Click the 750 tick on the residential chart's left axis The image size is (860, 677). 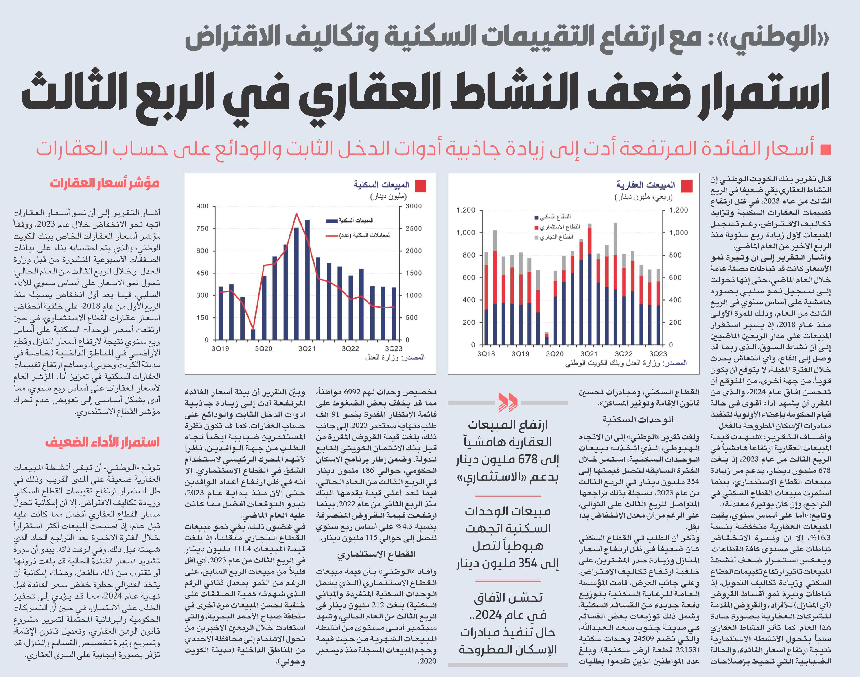click(x=202, y=229)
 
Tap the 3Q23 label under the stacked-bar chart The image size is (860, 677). click(x=658, y=354)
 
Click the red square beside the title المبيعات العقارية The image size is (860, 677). click(x=687, y=186)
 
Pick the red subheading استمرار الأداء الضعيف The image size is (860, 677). click(x=102, y=442)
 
